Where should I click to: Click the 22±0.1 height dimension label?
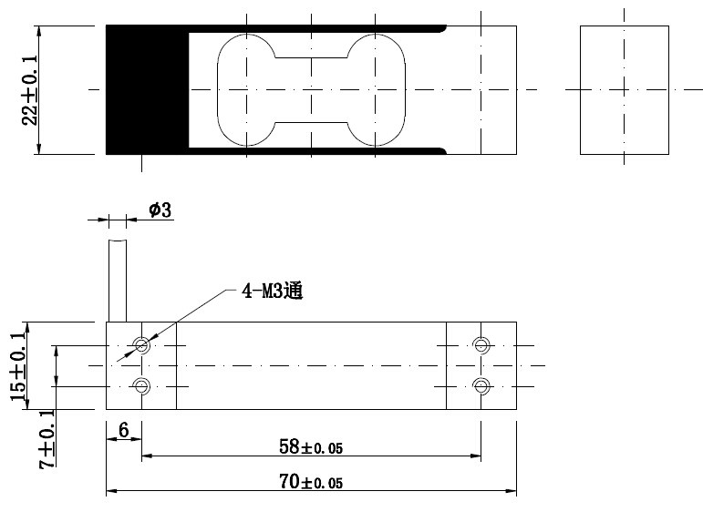click(30, 89)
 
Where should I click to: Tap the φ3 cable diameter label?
click(160, 210)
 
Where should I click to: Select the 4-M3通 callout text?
click(271, 292)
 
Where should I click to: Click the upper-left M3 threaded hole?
click(141, 344)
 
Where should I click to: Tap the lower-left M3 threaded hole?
click(141, 386)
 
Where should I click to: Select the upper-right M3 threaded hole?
click(481, 344)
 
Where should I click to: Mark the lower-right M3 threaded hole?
click(481, 386)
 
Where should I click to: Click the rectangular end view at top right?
click(625, 89)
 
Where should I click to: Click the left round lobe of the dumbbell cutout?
click(246, 89)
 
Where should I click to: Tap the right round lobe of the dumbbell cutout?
click(377, 89)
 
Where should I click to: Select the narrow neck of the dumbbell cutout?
click(311, 89)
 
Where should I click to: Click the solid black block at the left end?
click(146, 89)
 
